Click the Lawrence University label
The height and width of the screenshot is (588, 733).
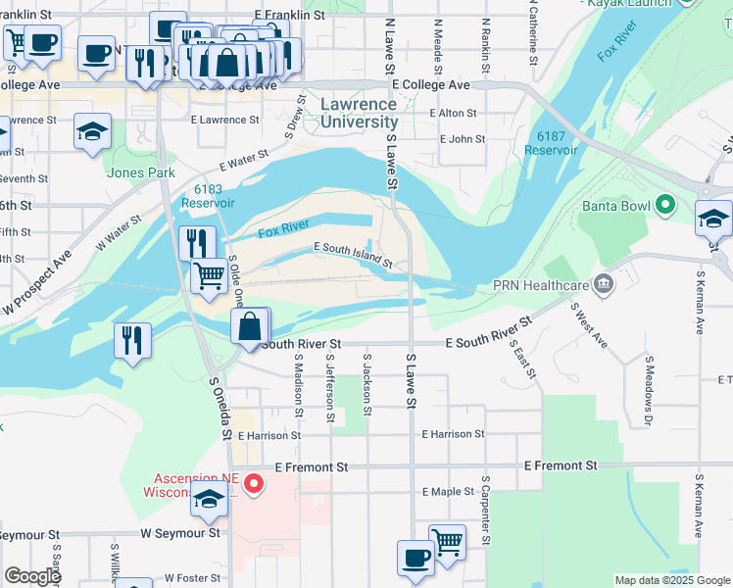tap(360, 113)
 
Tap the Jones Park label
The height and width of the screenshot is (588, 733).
tap(141, 173)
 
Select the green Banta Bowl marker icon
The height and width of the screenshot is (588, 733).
tap(666, 206)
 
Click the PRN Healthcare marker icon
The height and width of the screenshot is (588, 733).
tap(604, 285)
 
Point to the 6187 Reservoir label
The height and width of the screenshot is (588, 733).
tap(551, 143)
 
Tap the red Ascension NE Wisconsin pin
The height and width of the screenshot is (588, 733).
tap(254, 482)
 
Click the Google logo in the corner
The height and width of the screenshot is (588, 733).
tap(31, 575)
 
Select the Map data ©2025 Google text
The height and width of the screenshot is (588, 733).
tap(672, 580)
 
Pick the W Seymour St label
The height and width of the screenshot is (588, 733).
tap(180, 534)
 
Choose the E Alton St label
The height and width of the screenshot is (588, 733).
tap(457, 114)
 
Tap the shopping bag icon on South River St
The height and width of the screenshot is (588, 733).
tap(251, 326)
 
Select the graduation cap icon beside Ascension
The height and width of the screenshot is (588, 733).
tap(209, 500)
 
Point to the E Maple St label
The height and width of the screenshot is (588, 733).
tap(447, 492)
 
